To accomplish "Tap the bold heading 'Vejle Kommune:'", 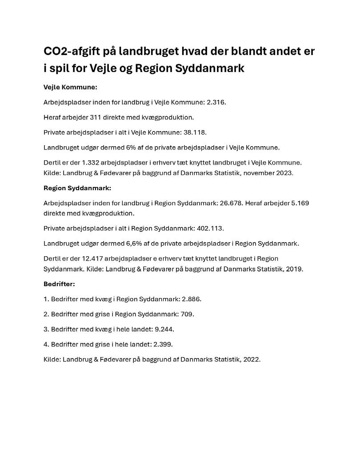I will [x=70, y=87].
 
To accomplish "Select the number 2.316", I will [x=216, y=102].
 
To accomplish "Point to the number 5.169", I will [x=300, y=203].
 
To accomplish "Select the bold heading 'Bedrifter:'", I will [x=59, y=283].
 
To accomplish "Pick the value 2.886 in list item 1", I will [x=192, y=299].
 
